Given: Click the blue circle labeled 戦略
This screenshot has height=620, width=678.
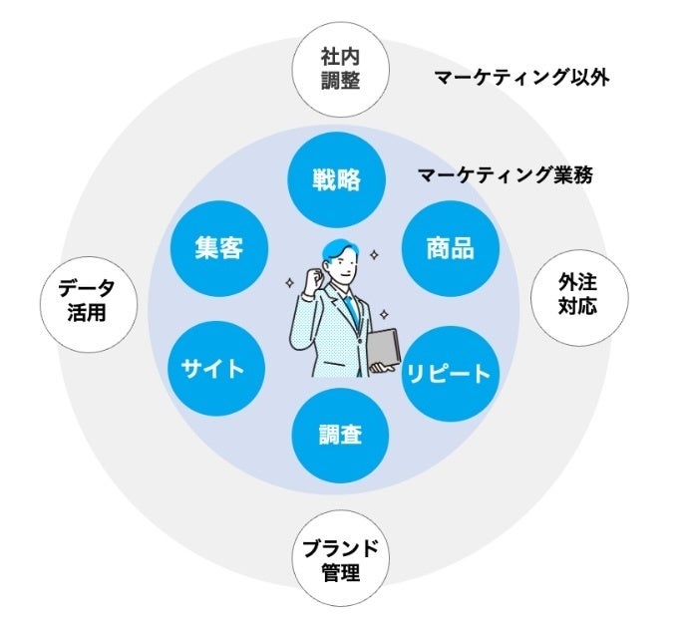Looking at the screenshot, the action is (x=336, y=179).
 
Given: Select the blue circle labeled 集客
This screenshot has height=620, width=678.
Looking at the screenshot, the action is (x=218, y=248).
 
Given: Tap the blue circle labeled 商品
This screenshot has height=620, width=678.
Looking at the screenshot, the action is (x=451, y=248).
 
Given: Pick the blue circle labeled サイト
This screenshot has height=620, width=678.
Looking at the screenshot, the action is (x=215, y=369).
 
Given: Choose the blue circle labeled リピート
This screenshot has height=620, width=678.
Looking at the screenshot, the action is (x=451, y=374).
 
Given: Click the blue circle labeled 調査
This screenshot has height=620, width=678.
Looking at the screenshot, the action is (x=340, y=436).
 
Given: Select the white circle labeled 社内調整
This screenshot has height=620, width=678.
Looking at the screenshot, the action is (x=341, y=69).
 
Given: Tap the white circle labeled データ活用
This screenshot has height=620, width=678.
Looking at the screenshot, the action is (x=89, y=304).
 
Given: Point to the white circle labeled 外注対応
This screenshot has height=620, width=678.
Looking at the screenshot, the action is (x=579, y=298).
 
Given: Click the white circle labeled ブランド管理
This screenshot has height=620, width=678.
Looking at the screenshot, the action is (x=341, y=558).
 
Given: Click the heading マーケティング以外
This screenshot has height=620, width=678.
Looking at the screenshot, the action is (x=521, y=78).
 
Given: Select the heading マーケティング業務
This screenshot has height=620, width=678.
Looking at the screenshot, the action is (x=506, y=175).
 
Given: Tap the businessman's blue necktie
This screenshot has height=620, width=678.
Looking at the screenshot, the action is (x=352, y=309).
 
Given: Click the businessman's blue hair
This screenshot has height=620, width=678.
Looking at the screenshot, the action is (x=339, y=250).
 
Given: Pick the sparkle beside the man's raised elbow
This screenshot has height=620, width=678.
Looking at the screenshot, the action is (x=289, y=284).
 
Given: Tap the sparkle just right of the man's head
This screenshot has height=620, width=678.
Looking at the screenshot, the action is (x=374, y=255).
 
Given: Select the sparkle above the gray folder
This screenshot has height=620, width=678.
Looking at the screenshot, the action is (x=384, y=314).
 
